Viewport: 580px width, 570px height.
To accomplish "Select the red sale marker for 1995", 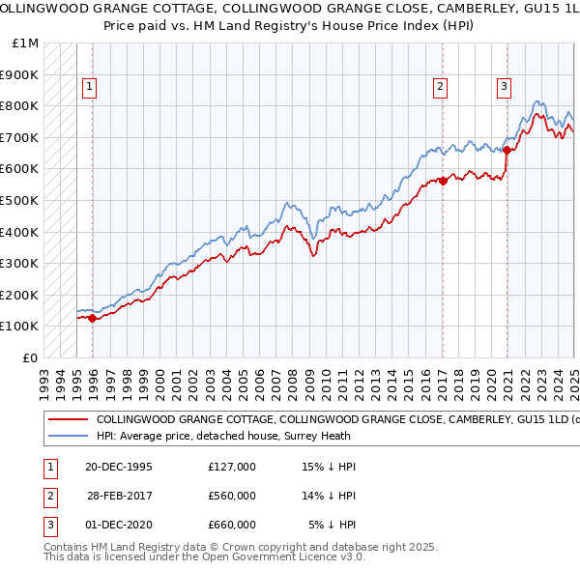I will [92, 317].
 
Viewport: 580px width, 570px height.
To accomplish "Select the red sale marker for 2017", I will [443, 181].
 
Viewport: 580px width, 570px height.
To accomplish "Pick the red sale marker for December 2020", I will [507, 150].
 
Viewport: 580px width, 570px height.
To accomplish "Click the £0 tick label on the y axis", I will [30, 357].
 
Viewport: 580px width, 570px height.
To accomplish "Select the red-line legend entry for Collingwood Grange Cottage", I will [309, 420].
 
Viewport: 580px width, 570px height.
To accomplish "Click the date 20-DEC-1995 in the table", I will [119, 467].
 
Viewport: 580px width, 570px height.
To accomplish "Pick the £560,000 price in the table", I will [232, 496].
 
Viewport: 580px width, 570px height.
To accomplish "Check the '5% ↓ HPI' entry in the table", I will [332, 525].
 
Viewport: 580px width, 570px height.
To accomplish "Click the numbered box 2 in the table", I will [49, 496].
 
